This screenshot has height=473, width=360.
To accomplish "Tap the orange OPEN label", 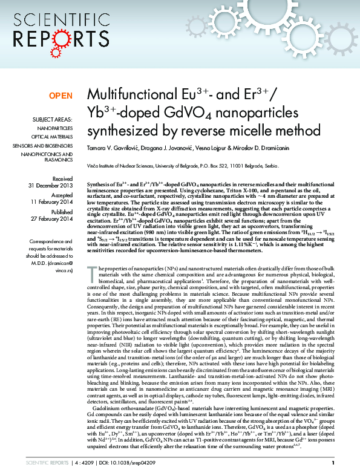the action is tap(61, 96).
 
